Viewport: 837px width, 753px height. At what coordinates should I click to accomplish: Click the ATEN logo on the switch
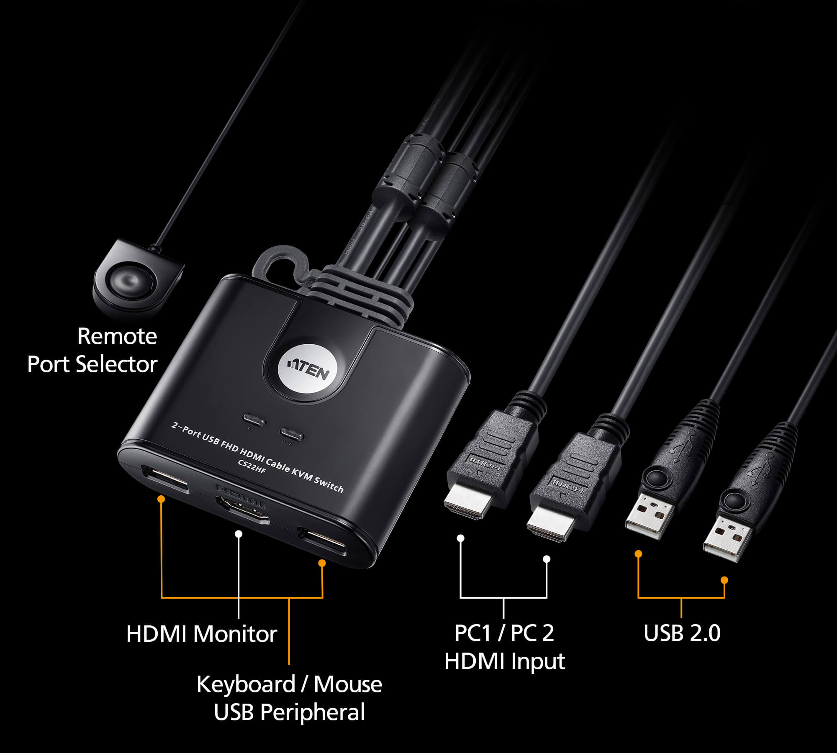pyautogui.click(x=308, y=369)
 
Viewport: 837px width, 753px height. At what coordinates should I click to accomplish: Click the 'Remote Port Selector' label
pyautogui.click(x=93, y=350)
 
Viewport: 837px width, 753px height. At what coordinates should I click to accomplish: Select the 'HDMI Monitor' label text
pyautogui.click(x=201, y=633)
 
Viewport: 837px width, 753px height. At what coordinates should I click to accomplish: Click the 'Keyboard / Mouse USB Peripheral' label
pyautogui.click(x=289, y=698)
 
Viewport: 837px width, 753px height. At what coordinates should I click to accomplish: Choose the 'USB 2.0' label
pyautogui.click(x=682, y=633)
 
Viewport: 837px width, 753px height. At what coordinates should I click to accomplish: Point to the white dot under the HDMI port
pyautogui.click(x=239, y=534)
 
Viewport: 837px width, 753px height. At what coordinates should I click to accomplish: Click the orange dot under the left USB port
pyautogui.click(x=161, y=499)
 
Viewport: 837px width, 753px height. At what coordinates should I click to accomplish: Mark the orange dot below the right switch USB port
pyautogui.click(x=322, y=563)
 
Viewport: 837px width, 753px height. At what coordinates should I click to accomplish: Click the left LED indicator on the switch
pyautogui.click(x=254, y=419)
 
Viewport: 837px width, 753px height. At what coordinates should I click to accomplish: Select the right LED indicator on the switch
pyautogui.click(x=292, y=433)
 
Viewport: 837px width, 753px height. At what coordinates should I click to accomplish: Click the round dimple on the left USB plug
pyautogui.click(x=656, y=477)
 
